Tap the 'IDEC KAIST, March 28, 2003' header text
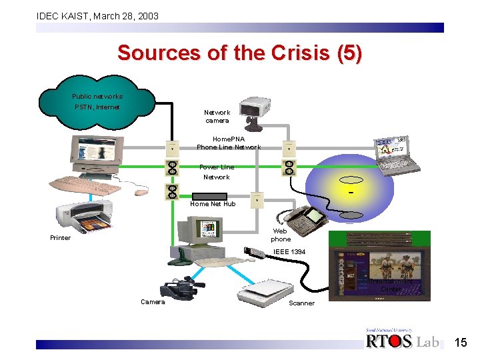pyautogui.click(x=97, y=15)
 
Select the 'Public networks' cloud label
pyautogui.click(x=97, y=97)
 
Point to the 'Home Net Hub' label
pyautogui.click(x=213, y=204)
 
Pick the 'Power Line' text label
pyautogui.click(x=217, y=167)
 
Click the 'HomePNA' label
pyautogui.click(x=229, y=139)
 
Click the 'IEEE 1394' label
pyautogui.click(x=290, y=251)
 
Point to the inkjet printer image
pyautogui.click(x=88, y=219)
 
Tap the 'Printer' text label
pyautogui.click(x=60, y=238)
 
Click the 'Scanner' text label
pyautogui.click(x=301, y=303)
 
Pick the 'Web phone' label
pyautogui.click(x=281, y=235)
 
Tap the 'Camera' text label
pyautogui.click(x=153, y=302)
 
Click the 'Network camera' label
pyautogui.click(x=217, y=117)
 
